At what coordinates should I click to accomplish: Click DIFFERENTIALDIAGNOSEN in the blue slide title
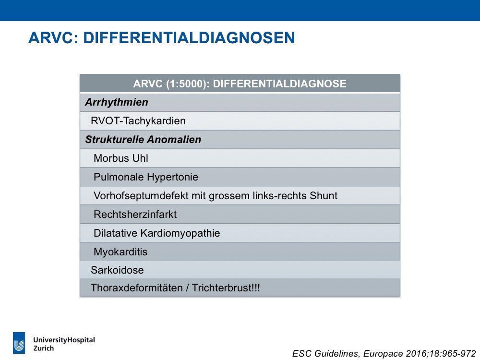click(189, 38)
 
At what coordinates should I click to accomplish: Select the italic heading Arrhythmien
click(117, 102)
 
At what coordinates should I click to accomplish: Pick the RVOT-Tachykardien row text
click(138, 120)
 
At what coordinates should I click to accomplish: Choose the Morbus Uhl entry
click(121, 158)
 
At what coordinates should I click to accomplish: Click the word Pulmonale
click(119, 177)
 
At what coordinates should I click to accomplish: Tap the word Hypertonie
click(172, 177)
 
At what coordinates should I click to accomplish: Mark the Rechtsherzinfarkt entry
click(135, 214)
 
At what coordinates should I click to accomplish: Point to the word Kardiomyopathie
click(180, 233)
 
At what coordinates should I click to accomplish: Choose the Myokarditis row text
click(120, 252)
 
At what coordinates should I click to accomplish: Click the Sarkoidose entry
click(117, 270)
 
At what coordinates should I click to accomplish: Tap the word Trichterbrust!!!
click(226, 288)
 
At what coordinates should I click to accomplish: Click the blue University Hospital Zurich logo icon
click(19, 343)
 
